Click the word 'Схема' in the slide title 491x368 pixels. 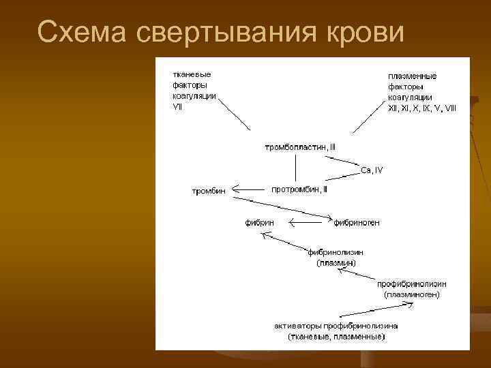click(x=76, y=31)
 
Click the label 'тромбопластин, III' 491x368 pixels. click(x=300, y=147)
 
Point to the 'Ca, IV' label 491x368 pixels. click(x=372, y=170)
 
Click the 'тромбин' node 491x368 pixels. click(x=208, y=191)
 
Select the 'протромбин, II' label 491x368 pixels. click(x=299, y=188)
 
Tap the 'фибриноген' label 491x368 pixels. click(x=357, y=222)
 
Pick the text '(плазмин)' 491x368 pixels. click(x=336, y=262)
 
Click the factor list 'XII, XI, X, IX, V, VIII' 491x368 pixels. click(x=422, y=107)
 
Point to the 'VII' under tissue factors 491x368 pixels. click(x=178, y=106)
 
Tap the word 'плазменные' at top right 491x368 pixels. click(x=412, y=76)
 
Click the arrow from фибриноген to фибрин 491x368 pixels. click(x=308, y=222)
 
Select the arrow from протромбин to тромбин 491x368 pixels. click(x=252, y=191)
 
